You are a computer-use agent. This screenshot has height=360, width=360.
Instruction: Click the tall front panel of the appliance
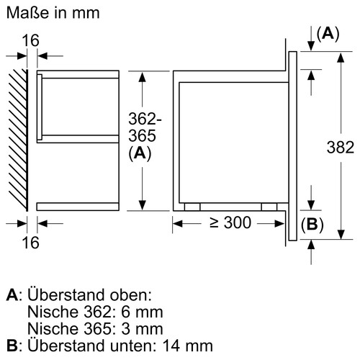(x=293, y=144)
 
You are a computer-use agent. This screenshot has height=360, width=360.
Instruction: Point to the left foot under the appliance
(x=191, y=207)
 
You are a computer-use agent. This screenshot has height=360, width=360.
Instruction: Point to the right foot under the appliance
(x=269, y=207)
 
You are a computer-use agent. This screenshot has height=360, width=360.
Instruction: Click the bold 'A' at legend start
(x=10, y=296)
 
